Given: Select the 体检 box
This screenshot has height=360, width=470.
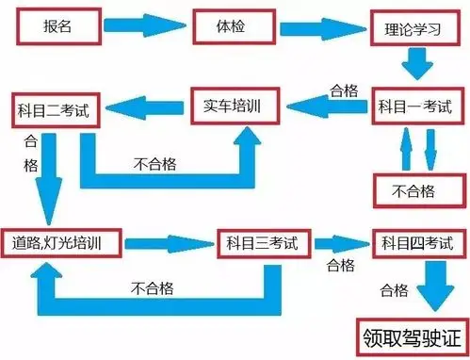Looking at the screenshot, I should tap(232, 25).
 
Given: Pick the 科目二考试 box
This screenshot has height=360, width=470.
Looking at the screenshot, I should tap(53, 110).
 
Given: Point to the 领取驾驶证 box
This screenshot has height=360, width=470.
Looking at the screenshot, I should tap(413, 335).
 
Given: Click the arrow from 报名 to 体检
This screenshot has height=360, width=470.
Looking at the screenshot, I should tap(141, 26).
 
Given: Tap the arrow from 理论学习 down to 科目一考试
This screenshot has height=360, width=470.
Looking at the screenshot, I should tap(415, 64).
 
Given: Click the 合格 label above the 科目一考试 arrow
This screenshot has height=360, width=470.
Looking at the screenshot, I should tap(343, 90).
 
